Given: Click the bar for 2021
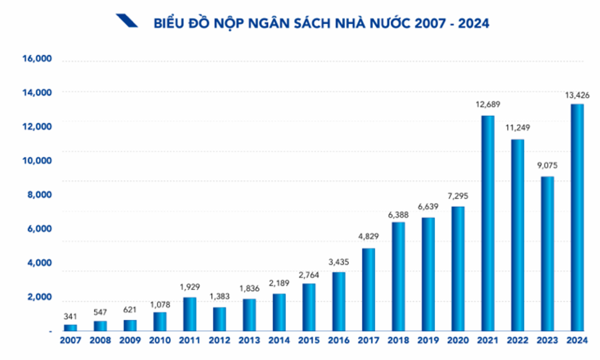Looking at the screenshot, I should pos(487,223).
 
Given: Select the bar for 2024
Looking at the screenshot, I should pos(577,217).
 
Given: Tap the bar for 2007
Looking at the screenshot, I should pos(70,327).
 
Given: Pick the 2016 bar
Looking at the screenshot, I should pos(339,301).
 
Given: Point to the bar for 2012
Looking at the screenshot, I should pos(219,319).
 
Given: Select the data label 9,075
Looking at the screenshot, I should pos(547,166).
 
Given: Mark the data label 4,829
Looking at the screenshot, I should pos(369,237).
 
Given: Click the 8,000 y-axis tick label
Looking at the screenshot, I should pos(39,194).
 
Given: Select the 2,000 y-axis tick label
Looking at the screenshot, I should pos(39,298).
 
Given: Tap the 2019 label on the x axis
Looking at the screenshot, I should pos(428,341).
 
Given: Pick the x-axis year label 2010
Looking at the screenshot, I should pos(160,341).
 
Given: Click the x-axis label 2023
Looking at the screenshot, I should pos(547,341).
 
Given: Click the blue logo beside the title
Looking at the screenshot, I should pos(126,21).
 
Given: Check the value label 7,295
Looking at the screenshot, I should pos(458,196).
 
